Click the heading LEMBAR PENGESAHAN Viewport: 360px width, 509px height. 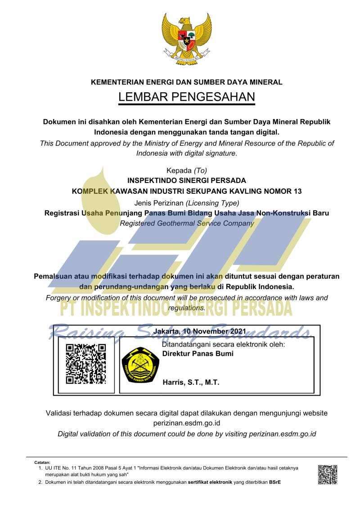(186, 97)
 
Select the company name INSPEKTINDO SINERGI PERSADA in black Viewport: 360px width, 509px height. (187, 181)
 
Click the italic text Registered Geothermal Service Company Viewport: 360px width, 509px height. (187, 223)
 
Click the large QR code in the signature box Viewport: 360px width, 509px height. (85, 363)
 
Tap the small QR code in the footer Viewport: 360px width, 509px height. (328, 474)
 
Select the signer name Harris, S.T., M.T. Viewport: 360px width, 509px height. (191, 382)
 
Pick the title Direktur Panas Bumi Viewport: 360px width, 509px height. (198, 353)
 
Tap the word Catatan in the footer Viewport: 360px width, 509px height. (43, 462)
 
